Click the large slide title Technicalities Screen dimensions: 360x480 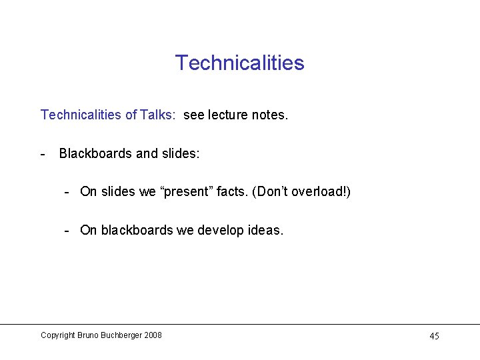click(x=239, y=63)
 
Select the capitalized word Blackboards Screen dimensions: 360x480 click(x=95, y=153)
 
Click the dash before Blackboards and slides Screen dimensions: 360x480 click(x=43, y=153)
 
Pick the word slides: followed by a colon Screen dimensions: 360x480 click(x=181, y=153)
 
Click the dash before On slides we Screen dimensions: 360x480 click(x=67, y=192)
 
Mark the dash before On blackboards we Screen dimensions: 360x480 click(x=67, y=231)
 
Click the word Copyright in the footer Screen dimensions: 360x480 click(x=57, y=335)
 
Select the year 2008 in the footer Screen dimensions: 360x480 click(x=153, y=335)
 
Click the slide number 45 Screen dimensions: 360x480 click(x=434, y=336)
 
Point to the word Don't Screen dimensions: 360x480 click(x=279, y=192)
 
